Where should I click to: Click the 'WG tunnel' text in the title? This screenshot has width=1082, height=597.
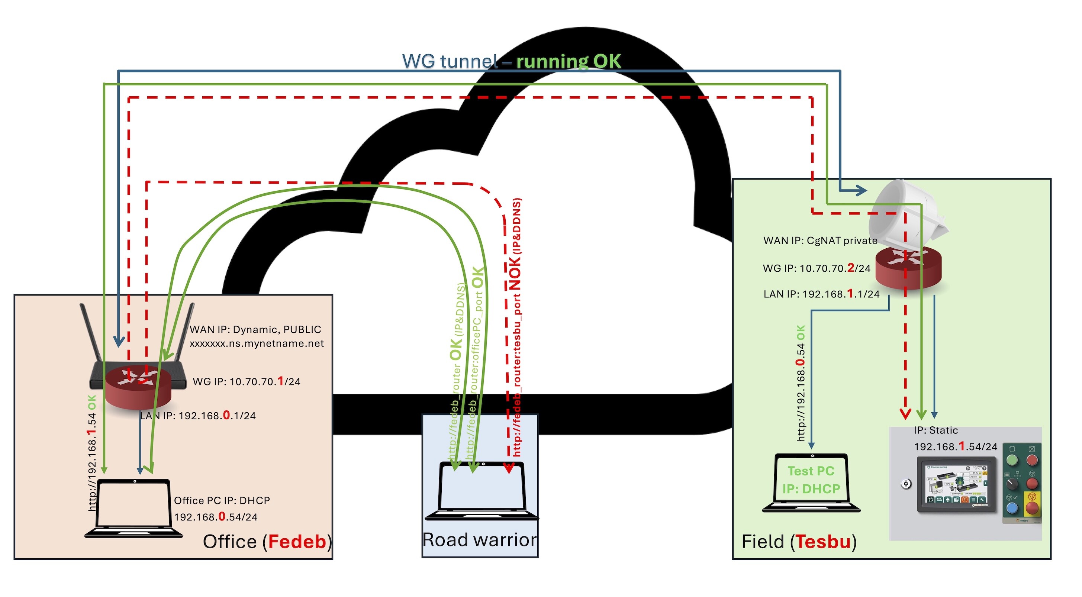pos(450,61)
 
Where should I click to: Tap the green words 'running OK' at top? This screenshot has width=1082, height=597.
pos(568,61)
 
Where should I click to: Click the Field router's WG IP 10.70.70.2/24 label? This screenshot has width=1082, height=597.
pos(816,268)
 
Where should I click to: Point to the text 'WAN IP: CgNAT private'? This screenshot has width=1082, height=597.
pos(820,241)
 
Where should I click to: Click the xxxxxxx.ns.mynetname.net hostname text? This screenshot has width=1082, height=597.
pos(256,343)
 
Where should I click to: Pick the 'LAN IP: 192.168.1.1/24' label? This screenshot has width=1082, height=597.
pos(821,294)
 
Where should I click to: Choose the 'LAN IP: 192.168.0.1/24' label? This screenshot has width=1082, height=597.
pos(197,416)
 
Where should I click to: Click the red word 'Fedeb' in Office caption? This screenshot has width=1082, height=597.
pos(297,542)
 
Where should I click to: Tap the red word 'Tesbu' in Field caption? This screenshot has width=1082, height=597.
pos(823,542)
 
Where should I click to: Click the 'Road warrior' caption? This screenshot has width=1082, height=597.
pos(479,540)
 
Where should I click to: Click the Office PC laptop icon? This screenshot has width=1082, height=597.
pos(133,508)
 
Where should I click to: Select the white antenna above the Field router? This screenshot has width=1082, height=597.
pos(905,214)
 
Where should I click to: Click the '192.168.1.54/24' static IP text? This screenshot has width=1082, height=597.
pos(955,447)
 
